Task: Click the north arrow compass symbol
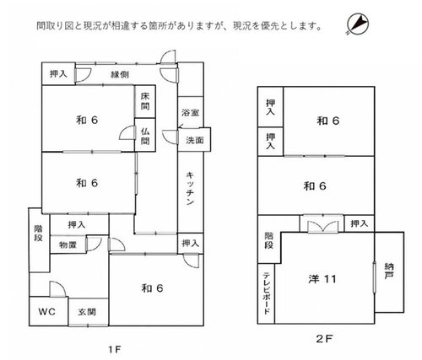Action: (x=358, y=24)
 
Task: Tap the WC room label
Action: (x=47, y=312)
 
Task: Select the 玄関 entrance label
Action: (x=87, y=312)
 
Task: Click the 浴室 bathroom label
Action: (x=191, y=113)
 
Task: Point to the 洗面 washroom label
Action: (x=195, y=140)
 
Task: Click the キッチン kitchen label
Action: (x=190, y=189)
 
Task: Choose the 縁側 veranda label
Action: (x=120, y=74)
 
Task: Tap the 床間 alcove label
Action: (x=145, y=101)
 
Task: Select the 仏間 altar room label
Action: (x=145, y=136)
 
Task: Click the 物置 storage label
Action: (x=68, y=245)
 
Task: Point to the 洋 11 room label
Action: (x=322, y=279)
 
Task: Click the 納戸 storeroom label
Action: (x=389, y=271)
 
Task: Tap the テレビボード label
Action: (x=266, y=293)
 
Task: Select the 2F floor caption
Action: (x=324, y=339)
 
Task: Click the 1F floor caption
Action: (x=115, y=350)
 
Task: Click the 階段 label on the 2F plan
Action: (x=269, y=240)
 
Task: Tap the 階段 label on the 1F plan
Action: (x=39, y=233)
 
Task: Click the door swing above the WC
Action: (x=58, y=289)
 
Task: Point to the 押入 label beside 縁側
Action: (x=58, y=74)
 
